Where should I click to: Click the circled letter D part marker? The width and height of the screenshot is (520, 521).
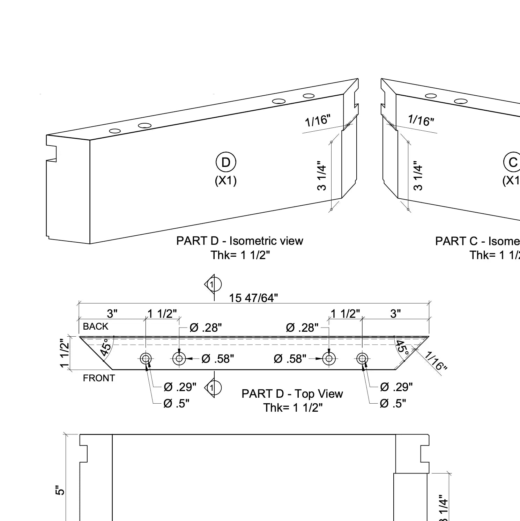click(x=226, y=162)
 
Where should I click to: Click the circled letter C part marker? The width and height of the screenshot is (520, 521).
click(x=512, y=162)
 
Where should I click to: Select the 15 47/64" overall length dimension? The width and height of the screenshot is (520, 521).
click(x=253, y=298)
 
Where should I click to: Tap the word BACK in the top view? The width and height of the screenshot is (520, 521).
click(x=96, y=326)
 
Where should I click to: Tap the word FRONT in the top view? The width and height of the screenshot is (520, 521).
click(x=99, y=378)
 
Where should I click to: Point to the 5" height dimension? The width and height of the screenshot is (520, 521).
click(x=60, y=490)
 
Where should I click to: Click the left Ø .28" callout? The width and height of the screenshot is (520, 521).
click(x=206, y=328)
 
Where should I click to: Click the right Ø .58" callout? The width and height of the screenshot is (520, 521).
click(x=290, y=359)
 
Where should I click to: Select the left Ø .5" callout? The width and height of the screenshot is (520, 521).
click(x=176, y=404)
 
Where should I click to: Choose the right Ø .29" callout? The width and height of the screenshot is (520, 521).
click(x=396, y=387)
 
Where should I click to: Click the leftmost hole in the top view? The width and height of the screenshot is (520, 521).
click(x=146, y=359)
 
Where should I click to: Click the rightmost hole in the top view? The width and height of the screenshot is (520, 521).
click(x=362, y=359)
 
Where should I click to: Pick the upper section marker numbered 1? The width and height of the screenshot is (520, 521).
click(x=213, y=285)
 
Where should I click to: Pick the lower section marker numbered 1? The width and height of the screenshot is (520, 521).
click(x=213, y=387)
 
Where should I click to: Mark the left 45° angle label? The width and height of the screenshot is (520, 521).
click(x=107, y=346)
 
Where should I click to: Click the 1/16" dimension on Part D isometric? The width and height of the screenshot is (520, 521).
click(x=317, y=120)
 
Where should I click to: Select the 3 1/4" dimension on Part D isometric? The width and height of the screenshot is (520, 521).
click(x=321, y=176)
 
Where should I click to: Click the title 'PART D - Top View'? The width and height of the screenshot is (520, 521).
click(x=292, y=394)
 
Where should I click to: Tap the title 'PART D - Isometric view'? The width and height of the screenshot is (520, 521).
click(x=240, y=241)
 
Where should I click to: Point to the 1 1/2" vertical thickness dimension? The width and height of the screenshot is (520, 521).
click(x=65, y=353)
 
